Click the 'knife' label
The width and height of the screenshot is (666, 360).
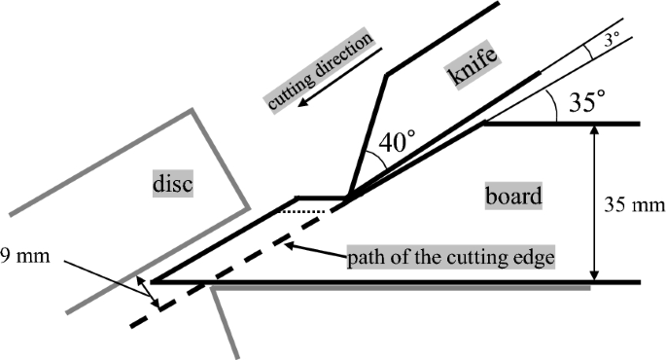coord(473,67)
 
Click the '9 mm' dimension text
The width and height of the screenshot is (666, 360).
coord(26,260)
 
